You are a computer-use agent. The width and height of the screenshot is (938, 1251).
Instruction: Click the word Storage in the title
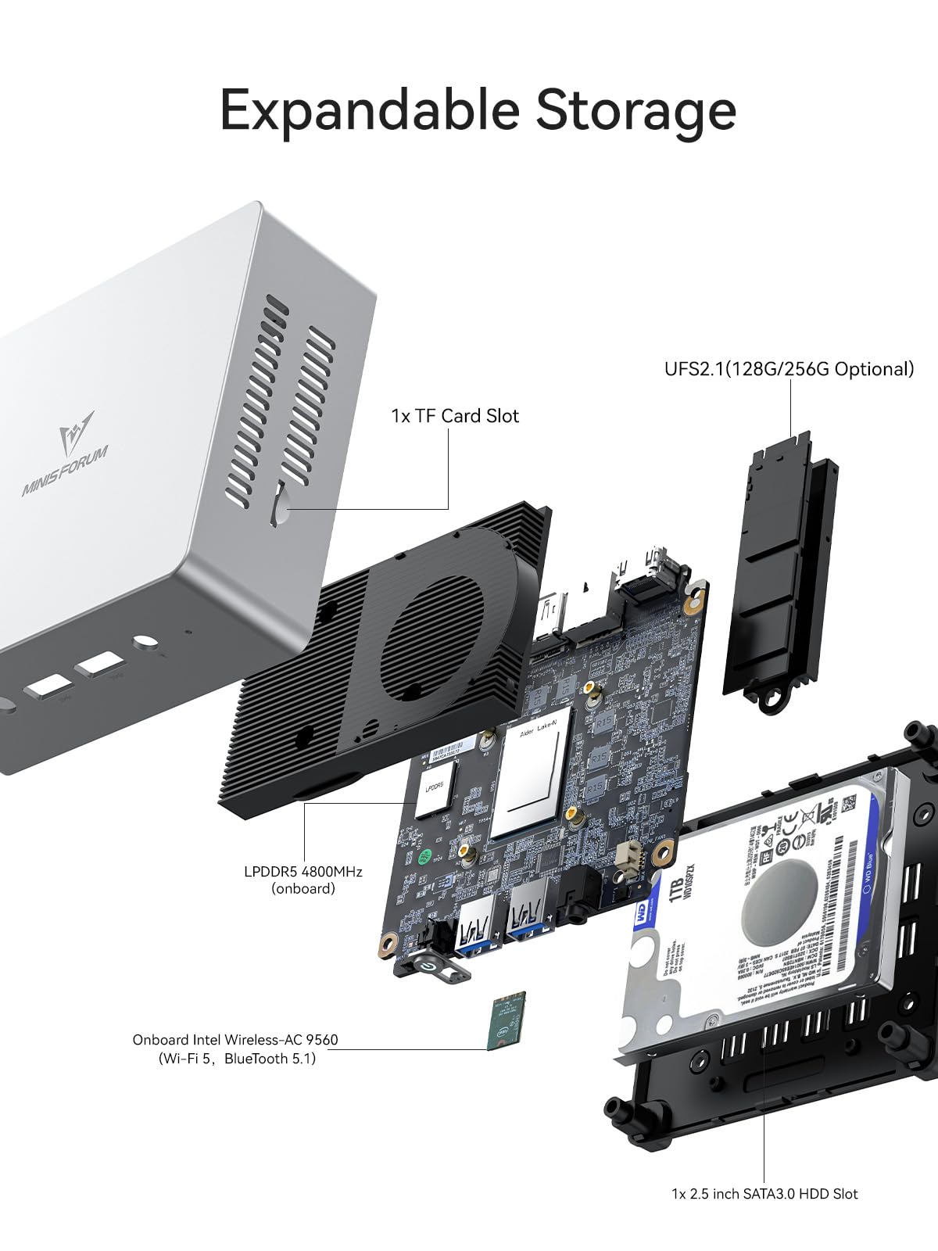[635, 110]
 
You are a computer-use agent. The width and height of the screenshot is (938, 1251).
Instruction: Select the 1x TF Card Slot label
[455, 416]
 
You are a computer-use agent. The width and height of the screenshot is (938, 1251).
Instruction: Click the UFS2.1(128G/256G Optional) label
[789, 369]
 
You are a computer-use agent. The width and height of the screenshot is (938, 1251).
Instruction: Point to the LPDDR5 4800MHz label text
[303, 871]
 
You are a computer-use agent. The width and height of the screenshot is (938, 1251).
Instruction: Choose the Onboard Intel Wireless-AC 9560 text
[235, 1040]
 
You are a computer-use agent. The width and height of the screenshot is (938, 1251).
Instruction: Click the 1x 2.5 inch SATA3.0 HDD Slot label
[764, 1194]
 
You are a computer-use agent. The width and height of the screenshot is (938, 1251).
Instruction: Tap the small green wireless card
[507, 1021]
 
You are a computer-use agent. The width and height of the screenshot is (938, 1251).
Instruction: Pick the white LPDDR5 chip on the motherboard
[435, 790]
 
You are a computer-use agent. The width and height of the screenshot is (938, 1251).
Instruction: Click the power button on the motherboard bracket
[427, 967]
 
